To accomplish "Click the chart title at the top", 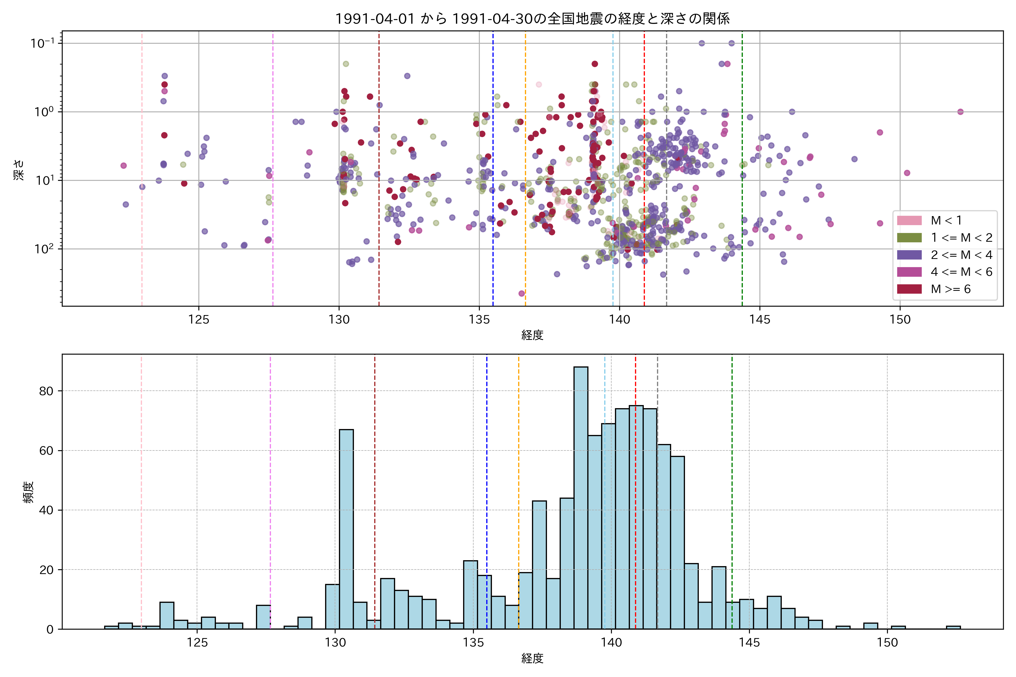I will click(532, 19).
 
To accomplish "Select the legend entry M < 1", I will click(946, 221).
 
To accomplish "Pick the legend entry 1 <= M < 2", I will click(961, 238).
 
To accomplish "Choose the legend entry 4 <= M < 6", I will click(961, 272).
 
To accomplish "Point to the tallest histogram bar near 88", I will click(581, 496).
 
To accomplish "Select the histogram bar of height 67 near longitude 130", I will click(346, 529).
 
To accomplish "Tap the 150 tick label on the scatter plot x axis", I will click(900, 320).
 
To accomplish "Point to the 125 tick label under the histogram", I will click(197, 643).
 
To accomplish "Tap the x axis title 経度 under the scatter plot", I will click(532, 335).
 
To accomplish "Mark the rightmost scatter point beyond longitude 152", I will click(960, 112).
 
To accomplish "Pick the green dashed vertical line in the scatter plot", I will click(742, 173).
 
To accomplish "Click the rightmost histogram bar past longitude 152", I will click(953, 627).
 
